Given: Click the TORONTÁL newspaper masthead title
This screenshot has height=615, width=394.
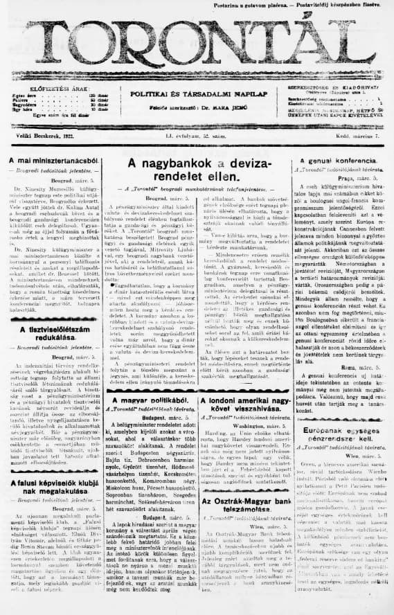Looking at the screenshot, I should pos(197,43).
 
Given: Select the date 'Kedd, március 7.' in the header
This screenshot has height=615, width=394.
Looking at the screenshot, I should pos(360,136).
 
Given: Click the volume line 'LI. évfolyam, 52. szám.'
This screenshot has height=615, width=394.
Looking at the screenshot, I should pos(197,136).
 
